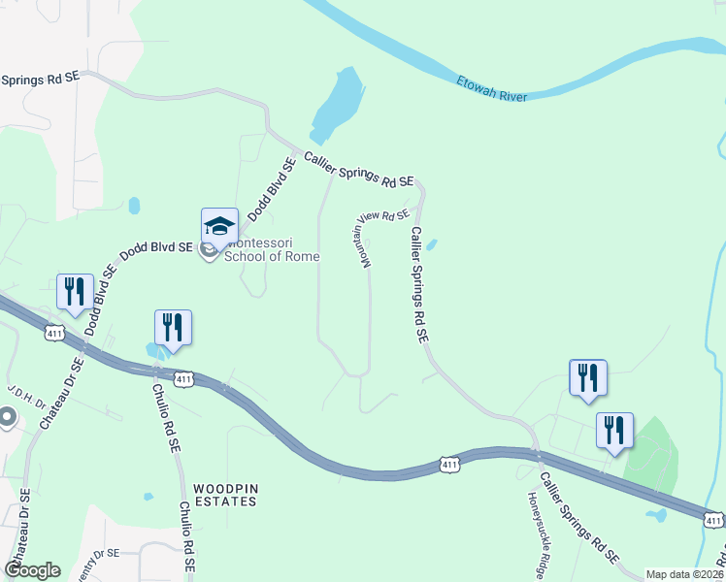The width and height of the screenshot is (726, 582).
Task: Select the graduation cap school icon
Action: point(219,227)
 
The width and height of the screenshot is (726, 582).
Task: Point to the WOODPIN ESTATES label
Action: point(224,495)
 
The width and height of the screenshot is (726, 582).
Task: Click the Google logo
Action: point(32,569)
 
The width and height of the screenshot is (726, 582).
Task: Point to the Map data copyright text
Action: point(685,574)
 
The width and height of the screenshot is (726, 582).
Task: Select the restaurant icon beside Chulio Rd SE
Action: point(173,327)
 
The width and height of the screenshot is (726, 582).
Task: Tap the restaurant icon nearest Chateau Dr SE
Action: point(74,291)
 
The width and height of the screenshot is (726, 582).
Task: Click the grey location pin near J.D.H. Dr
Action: point(7,418)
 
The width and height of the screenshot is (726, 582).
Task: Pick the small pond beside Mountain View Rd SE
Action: point(431,244)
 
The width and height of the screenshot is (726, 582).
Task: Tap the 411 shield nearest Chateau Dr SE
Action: point(54,333)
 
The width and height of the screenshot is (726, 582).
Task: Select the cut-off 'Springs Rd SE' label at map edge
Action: point(42,80)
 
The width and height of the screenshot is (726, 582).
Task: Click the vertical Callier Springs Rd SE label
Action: point(418,285)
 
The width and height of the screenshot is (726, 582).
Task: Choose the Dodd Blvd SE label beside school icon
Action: point(155,251)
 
